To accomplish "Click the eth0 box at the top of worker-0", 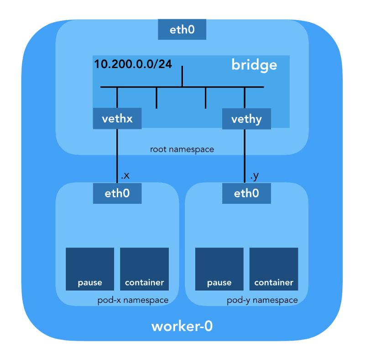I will coord(182,30).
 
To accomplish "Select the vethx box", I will coord(117,119).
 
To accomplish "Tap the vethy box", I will coord(246,119).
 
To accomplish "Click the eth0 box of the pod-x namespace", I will coord(117,193).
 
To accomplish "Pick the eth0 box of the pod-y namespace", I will coord(246,193).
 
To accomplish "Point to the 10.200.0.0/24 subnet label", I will coord(133,64).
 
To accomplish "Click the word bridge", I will coord(254,65).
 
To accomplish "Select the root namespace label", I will coord(182,149).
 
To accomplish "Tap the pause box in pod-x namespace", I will coord(90,269).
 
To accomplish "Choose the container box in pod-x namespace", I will coord(144,269).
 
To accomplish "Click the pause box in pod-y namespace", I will coord(219,269).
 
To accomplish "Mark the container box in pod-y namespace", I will coord(274,269).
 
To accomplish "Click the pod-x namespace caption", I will coord(133,300).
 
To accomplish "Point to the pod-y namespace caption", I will coord(262,300).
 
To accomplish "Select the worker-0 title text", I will coord(182,327).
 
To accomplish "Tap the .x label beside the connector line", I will coord(125,176).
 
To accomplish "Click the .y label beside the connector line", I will coord(254,176).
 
